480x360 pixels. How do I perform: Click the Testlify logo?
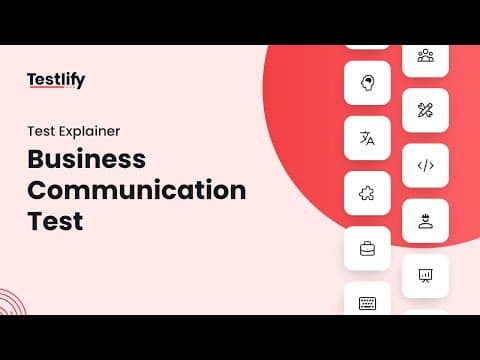[56, 80]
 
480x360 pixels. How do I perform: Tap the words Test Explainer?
[74, 131]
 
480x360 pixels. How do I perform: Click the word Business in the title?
[87, 159]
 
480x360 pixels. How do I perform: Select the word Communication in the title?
[137, 190]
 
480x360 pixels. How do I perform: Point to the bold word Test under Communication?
[55, 221]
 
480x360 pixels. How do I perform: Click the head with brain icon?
[367, 83]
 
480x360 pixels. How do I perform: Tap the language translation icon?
[367, 138]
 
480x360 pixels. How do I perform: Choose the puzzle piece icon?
[367, 193]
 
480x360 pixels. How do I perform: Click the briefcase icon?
[367, 249]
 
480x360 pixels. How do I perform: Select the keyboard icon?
[367, 303]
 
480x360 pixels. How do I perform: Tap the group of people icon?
[426, 55]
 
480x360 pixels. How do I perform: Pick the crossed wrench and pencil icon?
[425, 110]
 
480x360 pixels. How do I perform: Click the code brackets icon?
[426, 166]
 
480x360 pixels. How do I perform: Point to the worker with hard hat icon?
[426, 221]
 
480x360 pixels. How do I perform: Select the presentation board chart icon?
[425, 276]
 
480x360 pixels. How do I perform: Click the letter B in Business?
[36, 159]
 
